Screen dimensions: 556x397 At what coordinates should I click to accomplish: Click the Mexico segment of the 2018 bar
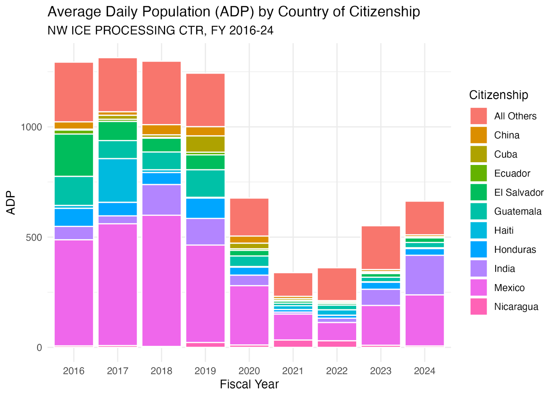(162, 281)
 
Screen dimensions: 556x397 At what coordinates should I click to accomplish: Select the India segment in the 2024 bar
(425, 275)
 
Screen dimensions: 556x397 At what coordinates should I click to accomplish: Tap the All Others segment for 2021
(293, 284)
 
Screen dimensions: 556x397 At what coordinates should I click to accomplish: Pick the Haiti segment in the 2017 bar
(118, 180)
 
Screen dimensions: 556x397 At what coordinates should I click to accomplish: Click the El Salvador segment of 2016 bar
(74, 155)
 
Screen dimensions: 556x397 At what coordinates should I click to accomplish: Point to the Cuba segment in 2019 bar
(205, 144)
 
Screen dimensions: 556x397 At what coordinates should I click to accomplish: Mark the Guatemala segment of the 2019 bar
(205, 183)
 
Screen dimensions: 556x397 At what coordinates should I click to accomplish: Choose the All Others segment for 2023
(381, 248)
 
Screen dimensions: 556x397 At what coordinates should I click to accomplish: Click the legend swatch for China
(479, 135)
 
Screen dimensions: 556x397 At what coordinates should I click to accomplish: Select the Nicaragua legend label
(516, 307)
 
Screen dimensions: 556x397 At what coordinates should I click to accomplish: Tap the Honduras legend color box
(479, 249)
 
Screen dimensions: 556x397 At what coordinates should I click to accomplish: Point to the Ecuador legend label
(512, 173)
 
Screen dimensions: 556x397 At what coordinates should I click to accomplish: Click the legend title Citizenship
(498, 95)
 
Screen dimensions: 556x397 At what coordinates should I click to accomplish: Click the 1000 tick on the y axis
(31, 127)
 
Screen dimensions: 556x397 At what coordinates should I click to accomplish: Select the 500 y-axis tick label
(34, 238)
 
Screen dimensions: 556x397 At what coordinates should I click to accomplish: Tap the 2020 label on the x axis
(249, 371)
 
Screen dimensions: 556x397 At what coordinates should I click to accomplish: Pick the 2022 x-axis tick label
(337, 371)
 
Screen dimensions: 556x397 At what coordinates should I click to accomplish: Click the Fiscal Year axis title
(249, 384)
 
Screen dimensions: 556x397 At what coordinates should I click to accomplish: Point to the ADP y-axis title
(11, 202)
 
